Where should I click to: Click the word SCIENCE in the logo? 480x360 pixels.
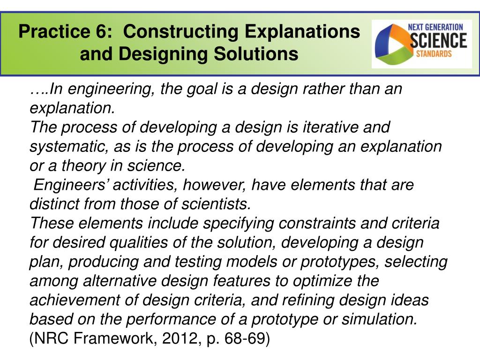click(x=438, y=40)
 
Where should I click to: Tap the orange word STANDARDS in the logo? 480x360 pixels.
click(x=434, y=53)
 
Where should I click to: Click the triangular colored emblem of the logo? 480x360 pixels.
click(x=391, y=44)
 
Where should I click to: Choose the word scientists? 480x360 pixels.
click(x=218, y=204)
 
